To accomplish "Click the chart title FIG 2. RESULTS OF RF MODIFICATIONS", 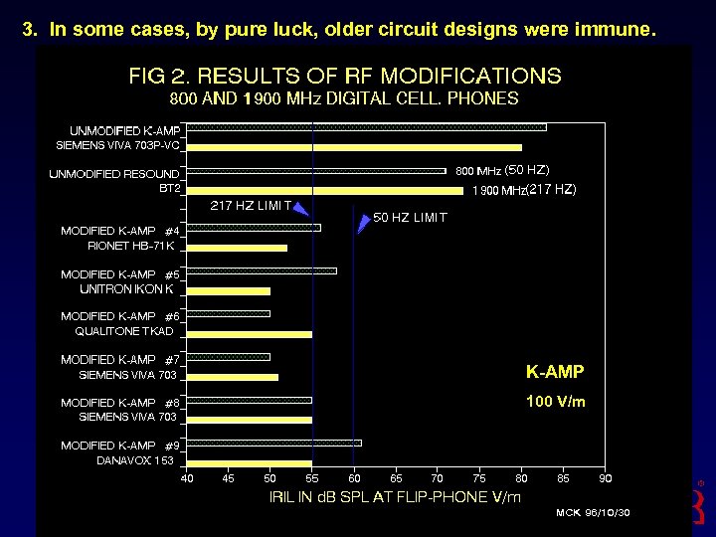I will click(344, 76).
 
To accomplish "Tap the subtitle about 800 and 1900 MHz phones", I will click(344, 98).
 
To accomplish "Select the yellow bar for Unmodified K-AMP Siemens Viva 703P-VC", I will click(354, 147).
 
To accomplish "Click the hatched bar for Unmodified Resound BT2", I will click(316, 171).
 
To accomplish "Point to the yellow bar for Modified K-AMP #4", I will click(237, 248).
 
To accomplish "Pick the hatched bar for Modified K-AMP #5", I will click(262, 270).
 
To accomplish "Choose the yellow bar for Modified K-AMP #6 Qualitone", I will click(249, 334).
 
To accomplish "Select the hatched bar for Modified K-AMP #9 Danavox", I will click(273, 443).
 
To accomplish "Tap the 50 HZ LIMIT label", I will click(410, 217).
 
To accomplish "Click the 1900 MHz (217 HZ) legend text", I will click(523, 189).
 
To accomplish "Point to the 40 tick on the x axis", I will click(187, 478).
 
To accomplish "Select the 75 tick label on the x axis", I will click(479, 478).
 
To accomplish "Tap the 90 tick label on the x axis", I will click(605, 478).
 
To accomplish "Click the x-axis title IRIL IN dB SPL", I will click(395, 496).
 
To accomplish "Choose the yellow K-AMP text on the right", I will click(555, 372).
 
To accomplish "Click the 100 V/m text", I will click(555, 403).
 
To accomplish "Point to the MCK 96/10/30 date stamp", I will click(593, 513).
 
